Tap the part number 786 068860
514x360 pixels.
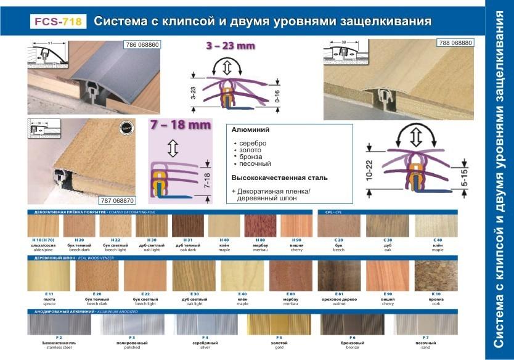[142, 44]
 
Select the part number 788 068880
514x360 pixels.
[455, 43]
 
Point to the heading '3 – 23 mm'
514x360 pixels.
[230, 46]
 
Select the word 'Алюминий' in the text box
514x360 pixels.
[250, 130]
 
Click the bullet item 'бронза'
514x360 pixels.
[250, 157]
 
